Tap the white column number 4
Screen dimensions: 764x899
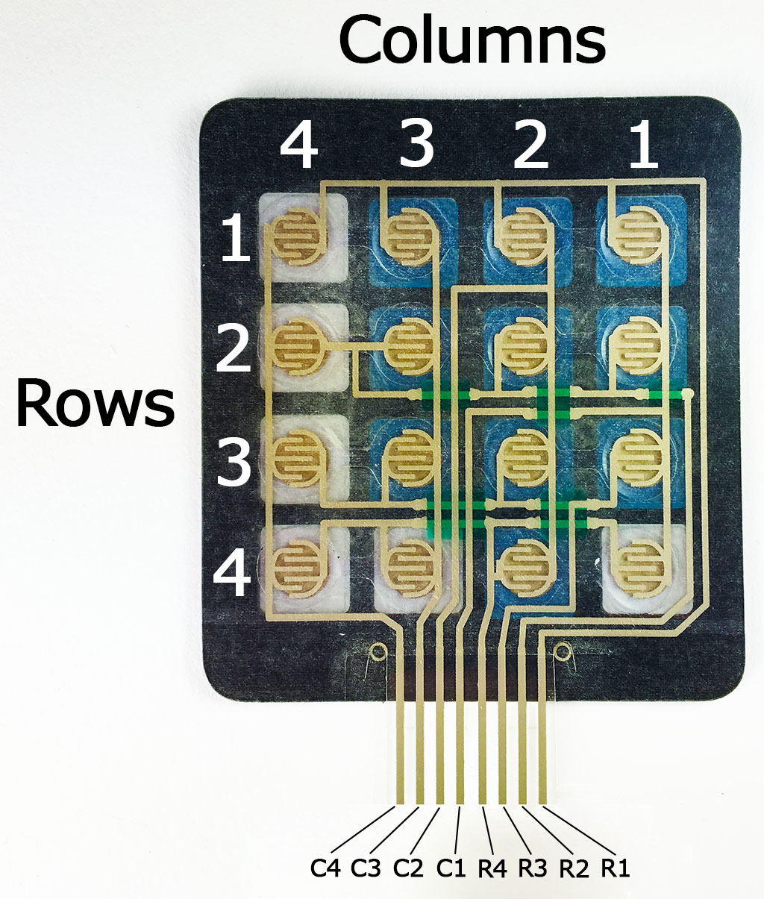point(299,145)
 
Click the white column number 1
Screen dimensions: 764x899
point(643,145)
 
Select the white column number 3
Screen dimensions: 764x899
point(417,145)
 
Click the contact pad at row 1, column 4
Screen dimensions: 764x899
point(297,237)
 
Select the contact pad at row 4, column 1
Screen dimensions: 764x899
point(639,568)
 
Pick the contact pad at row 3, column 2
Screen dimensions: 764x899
point(525,457)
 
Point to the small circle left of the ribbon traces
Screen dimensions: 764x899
point(378,651)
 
